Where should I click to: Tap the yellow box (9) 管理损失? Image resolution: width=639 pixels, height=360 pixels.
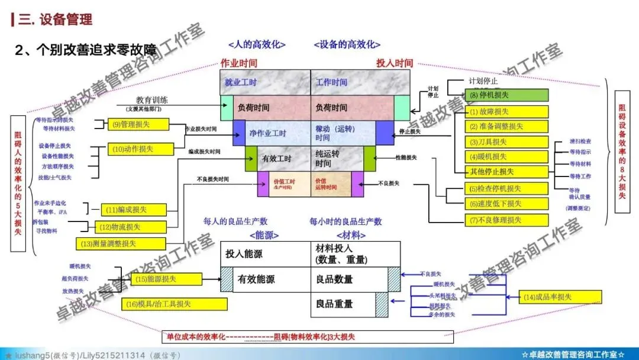(138, 124)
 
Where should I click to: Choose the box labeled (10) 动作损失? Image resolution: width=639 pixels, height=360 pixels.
(138, 149)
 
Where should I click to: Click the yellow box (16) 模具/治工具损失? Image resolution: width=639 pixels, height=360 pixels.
(175, 304)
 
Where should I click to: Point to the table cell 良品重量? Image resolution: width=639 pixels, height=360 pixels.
(334, 304)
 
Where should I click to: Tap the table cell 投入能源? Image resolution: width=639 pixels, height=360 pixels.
(244, 253)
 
